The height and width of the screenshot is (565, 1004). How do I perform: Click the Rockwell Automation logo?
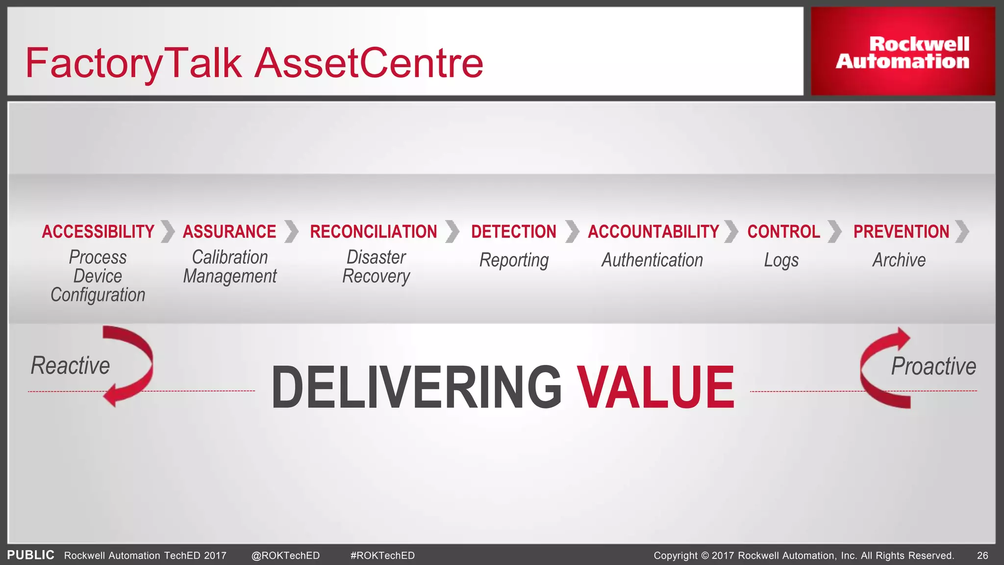[903, 52]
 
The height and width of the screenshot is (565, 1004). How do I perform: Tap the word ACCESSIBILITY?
[98, 231]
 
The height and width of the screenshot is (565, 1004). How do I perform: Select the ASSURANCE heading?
[229, 231]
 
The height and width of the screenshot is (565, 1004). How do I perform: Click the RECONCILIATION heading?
[373, 231]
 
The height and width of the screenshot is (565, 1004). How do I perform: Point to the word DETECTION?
[513, 231]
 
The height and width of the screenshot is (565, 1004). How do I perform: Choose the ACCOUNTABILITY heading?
[653, 231]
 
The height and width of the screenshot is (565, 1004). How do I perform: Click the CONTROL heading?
[783, 231]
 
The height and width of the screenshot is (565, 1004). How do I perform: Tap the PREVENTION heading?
[901, 231]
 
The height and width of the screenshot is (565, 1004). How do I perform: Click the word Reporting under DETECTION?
[514, 260]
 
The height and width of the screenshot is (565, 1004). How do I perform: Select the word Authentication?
[652, 260]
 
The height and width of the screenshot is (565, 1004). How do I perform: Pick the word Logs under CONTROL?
[781, 260]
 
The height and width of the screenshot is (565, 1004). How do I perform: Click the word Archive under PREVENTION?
[899, 260]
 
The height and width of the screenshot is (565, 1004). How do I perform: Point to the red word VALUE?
[655, 387]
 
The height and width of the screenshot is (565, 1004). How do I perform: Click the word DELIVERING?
[416, 387]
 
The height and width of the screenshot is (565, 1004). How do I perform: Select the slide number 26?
[982, 555]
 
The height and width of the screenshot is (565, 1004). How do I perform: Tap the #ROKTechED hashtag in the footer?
[382, 555]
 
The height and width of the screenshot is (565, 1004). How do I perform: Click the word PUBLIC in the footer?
[30, 555]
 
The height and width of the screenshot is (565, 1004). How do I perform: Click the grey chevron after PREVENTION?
[962, 231]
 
